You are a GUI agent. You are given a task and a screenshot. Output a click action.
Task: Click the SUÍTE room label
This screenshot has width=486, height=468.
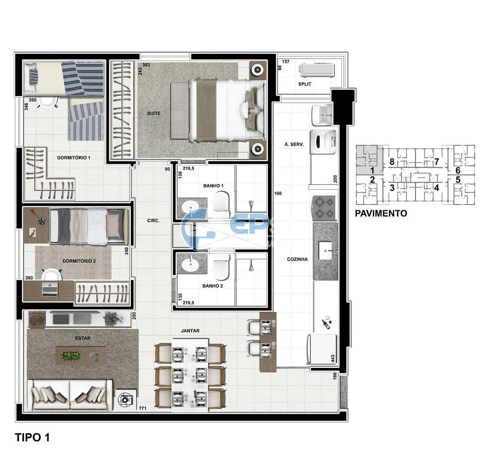[x=153, y=114]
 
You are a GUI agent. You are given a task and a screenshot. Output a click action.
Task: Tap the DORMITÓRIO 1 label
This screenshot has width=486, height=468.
[x=74, y=158]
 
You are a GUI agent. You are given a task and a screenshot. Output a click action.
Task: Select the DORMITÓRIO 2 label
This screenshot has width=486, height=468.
[x=79, y=261]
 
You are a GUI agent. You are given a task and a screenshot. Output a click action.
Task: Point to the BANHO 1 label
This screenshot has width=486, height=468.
[x=213, y=186]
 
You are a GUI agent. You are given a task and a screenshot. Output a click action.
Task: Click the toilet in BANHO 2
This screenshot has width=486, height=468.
[x=222, y=268]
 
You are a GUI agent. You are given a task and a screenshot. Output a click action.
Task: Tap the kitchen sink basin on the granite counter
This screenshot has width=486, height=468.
[x=326, y=250]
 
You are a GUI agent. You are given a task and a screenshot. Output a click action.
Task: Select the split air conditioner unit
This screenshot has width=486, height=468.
[x=317, y=70]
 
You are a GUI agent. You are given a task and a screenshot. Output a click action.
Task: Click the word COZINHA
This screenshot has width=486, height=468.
[x=297, y=259]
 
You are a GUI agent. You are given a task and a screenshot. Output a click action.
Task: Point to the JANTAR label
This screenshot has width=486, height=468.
[x=190, y=331]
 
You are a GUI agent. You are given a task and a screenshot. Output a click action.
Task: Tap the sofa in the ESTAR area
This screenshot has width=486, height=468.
[x=70, y=395]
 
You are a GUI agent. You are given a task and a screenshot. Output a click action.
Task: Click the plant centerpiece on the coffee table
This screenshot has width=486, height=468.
[x=71, y=356]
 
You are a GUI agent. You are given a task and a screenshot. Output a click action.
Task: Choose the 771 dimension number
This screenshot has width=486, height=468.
[x=142, y=408]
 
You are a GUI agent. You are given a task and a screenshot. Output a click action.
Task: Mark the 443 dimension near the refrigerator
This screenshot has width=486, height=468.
[x=333, y=358]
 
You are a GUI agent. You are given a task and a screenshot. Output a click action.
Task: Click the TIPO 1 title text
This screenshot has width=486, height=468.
[x=33, y=437]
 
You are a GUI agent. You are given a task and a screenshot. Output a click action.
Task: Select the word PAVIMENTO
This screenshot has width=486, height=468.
[x=381, y=213]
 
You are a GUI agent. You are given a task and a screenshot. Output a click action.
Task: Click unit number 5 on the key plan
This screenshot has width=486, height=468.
[x=458, y=179]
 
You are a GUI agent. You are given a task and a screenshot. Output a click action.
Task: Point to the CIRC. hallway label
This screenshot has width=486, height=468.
[x=153, y=221]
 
